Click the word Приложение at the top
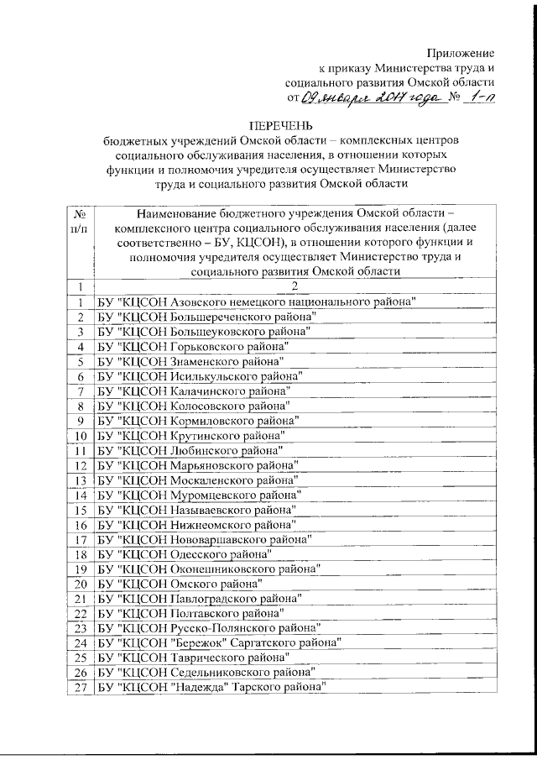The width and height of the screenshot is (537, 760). click(460, 52)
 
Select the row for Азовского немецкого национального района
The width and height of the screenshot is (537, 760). click(257, 301)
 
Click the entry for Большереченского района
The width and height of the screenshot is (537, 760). click(206, 317)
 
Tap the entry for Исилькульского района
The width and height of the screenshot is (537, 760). click(200, 376)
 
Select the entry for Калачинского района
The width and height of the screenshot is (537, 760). click(194, 391)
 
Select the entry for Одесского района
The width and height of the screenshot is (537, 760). click(185, 554)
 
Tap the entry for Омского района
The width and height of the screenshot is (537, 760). click(180, 584)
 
